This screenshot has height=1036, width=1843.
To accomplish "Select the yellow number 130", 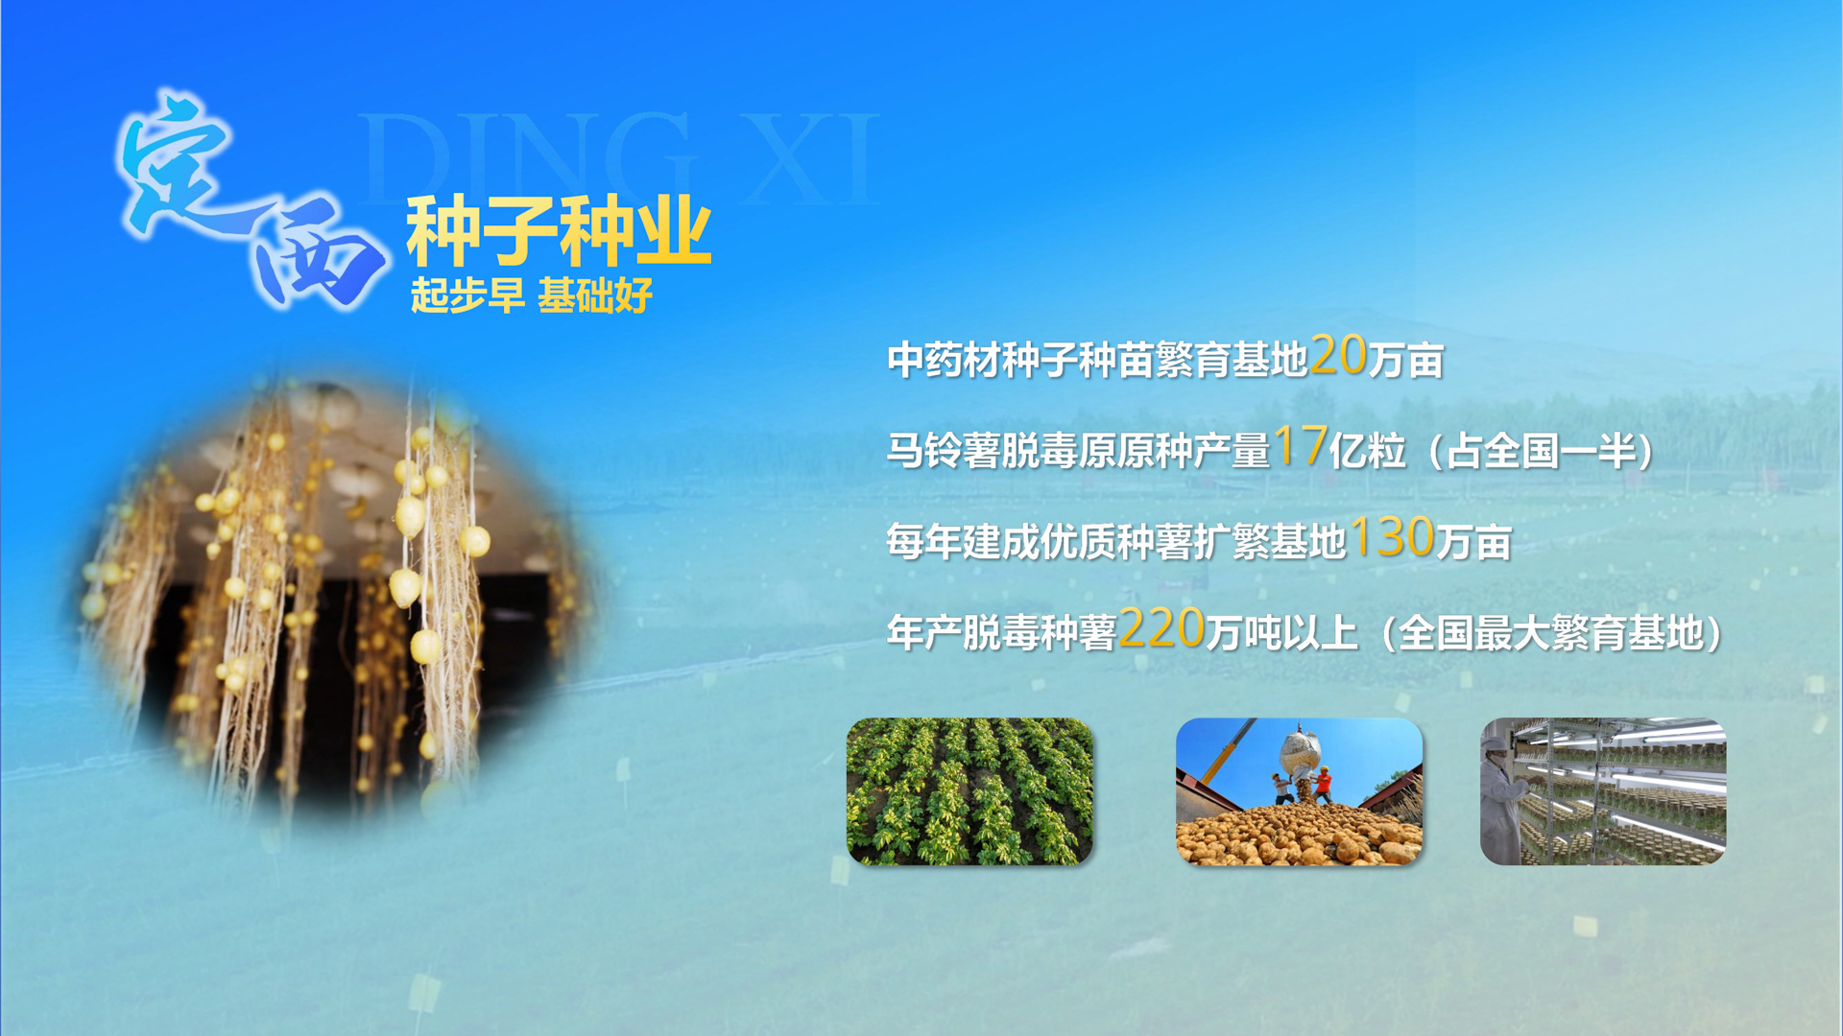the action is [x=1392, y=536].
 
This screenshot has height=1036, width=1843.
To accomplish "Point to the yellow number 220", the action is [x=1161, y=627].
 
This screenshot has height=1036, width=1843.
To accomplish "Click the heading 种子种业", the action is [x=559, y=231].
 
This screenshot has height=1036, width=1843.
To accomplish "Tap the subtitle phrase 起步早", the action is [x=467, y=295].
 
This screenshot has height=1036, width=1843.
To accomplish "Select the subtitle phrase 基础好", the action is [x=595, y=295].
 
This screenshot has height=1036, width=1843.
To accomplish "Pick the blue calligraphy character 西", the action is [x=317, y=254].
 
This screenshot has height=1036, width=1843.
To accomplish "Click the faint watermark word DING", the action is [x=526, y=158].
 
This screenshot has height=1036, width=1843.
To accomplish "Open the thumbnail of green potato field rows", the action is [x=969, y=791].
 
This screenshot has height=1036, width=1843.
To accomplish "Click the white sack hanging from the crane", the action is [x=1300, y=754].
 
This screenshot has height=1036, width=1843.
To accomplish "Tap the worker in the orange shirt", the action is [x=1323, y=785].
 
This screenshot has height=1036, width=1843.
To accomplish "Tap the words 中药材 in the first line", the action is [x=945, y=360].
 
